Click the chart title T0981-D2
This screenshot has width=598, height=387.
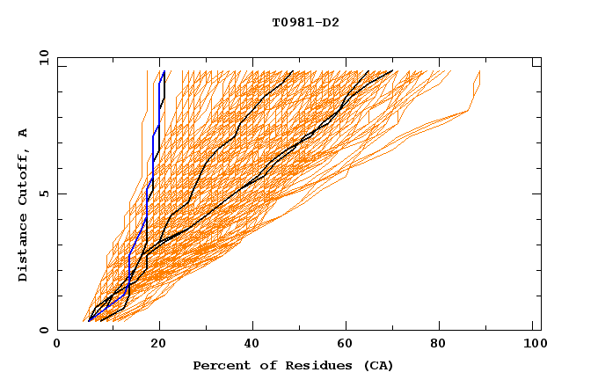[305, 22]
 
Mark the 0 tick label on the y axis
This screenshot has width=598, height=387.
[43, 330]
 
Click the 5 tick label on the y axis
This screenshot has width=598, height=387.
[43, 193]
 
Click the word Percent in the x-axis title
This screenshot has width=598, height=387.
[220, 365]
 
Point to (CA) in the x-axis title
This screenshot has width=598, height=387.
[378, 365]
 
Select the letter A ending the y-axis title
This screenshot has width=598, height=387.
[24, 132]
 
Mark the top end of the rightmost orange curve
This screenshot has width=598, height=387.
[480, 71]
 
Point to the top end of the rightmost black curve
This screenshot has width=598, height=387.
[393, 71]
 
